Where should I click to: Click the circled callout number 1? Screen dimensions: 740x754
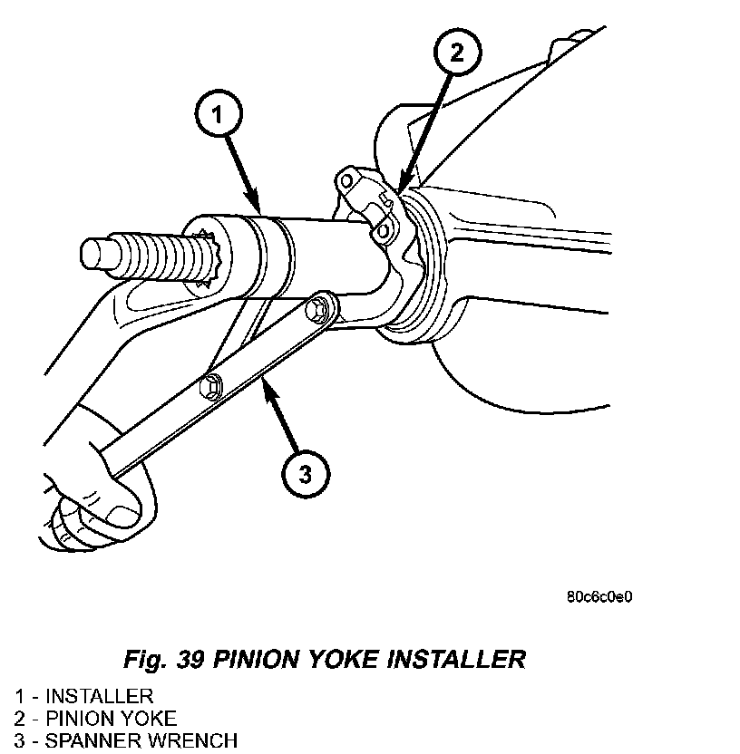click(x=219, y=114)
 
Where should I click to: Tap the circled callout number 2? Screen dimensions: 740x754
click(x=457, y=52)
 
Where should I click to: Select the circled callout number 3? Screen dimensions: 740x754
click(x=306, y=474)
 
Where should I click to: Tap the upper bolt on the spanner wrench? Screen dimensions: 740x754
click(x=316, y=309)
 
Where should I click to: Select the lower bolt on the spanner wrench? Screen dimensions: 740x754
click(x=209, y=384)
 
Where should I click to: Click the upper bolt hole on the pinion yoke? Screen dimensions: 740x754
click(x=346, y=182)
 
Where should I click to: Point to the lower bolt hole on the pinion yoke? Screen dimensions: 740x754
click(x=383, y=232)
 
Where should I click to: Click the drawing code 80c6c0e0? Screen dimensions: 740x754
click(x=599, y=596)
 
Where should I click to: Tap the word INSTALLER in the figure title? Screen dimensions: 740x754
click(x=456, y=659)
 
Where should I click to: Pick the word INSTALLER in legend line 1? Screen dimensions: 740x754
click(x=99, y=696)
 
